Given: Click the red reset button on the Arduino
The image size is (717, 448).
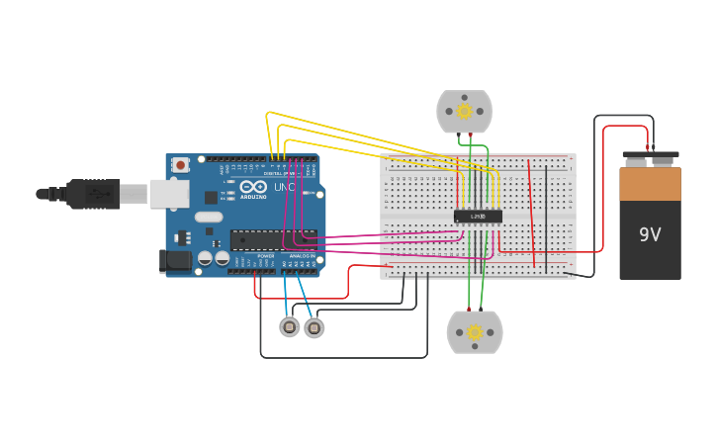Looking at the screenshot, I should [x=180, y=165].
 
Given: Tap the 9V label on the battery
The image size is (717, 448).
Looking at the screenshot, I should [x=650, y=234].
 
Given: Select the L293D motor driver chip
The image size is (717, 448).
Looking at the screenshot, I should [x=478, y=217].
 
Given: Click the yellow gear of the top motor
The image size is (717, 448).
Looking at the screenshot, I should [x=464, y=112].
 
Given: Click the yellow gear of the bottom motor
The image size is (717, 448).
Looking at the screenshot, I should [x=475, y=332].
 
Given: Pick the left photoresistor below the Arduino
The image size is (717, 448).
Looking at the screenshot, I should [x=289, y=327].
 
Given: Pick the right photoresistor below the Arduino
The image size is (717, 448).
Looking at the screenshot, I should [x=314, y=327].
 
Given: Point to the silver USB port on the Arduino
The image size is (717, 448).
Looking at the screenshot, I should [x=169, y=194].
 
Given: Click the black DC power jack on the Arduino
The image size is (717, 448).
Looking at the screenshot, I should [x=174, y=261].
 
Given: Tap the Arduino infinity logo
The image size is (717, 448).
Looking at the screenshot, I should [x=253, y=187].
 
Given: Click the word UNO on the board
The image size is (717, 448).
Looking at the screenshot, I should [x=284, y=187].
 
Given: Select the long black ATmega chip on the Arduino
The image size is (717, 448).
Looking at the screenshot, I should [x=274, y=239].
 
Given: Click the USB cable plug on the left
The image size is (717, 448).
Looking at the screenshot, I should [x=94, y=194].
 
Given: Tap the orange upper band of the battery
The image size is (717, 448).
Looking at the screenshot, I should [x=650, y=184].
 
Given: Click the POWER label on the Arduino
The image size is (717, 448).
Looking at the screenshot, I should [x=266, y=256].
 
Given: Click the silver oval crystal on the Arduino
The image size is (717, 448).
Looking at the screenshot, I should [x=209, y=217].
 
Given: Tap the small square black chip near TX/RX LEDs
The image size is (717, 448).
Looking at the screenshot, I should [x=212, y=197].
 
